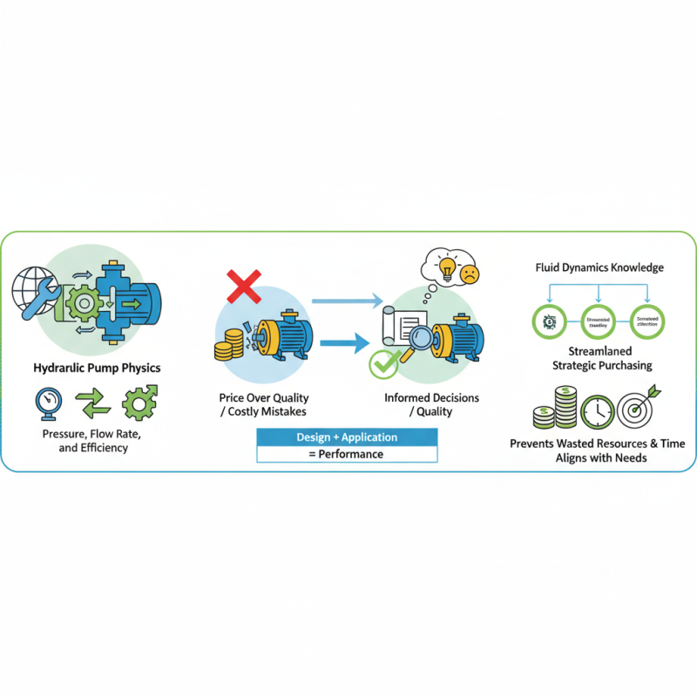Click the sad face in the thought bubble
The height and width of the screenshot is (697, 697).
pos(470,274)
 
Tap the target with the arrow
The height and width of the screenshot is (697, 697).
pos(638,409)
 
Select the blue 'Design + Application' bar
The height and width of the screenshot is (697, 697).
pos(347,437)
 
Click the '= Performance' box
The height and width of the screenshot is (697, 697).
pos(347,454)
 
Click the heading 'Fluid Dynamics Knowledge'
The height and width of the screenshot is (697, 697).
pos(599,267)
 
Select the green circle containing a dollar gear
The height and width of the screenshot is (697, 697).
pos(549,321)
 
